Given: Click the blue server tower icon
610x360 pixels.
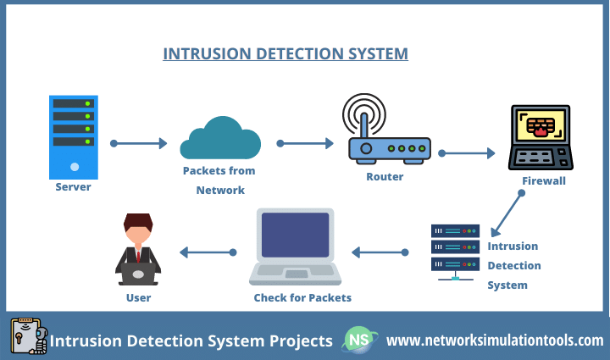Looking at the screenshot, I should pos(74,135).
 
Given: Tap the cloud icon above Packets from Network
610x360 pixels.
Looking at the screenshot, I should pos(219,139).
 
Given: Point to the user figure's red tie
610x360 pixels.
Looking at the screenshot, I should pos(137,255).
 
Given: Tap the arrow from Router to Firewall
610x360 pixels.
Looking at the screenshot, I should pos(466,153).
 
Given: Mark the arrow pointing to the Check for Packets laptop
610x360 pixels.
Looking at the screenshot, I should pos(380,252).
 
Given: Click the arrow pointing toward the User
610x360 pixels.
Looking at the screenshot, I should pos(208,252).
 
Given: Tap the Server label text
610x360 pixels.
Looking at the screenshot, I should pos(73,186).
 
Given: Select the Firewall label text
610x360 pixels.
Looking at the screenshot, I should pos(543,180).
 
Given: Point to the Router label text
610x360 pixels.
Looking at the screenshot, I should pos(385,177).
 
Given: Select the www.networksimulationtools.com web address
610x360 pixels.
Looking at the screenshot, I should pos(495,341).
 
